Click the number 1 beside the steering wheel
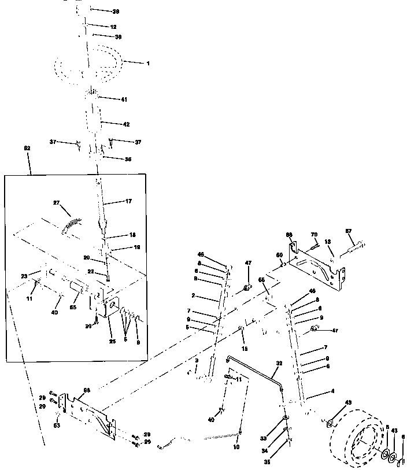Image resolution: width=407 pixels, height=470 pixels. [x=148, y=63]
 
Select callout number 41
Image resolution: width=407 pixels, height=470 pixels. [x=124, y=100]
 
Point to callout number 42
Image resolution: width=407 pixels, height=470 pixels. [x=126, y=124]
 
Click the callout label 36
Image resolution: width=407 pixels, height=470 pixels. [x=128, y=160]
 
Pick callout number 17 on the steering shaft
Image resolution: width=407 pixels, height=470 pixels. [x=129, y=202]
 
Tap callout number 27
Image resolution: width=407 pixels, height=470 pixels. [x=57, y=203]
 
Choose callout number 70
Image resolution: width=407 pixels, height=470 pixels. [x=315, y=235]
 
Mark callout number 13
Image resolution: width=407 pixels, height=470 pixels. [x=328, y=242]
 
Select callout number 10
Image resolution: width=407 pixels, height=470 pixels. [x=236, y=447]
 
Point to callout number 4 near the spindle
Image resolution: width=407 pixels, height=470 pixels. [x=332, y=391]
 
